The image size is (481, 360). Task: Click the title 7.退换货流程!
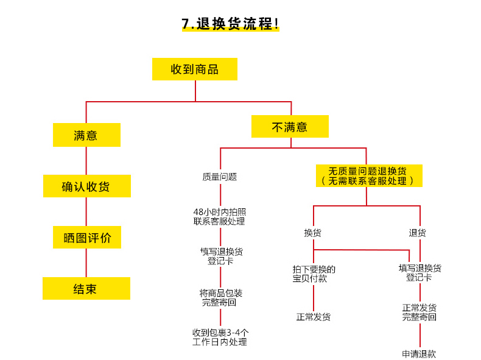(x=230, y=24)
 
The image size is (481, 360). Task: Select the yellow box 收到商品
(x=195, y=69)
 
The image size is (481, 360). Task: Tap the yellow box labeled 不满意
(x=290, y=127)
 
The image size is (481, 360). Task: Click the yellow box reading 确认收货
(x=87, y=186)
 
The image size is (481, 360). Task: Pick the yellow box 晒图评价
(x=87, y=237)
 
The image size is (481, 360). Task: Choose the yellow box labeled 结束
(x=86, y=289)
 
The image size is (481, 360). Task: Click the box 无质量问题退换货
(x=369, y=176)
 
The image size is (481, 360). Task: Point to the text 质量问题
(x=220, y=177)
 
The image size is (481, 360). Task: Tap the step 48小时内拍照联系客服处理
(x=219, y=217)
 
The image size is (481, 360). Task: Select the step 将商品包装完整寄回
(x=220, y=298)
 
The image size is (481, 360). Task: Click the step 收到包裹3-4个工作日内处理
(x=220, y=337)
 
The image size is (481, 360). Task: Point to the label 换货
(x=312, y=233)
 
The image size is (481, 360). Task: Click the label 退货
(x=417, y=233)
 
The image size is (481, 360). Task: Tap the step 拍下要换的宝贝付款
(x=314, y=274)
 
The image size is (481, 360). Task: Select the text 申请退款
(x=419, y=354)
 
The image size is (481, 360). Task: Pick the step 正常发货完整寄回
(x=419, y=312)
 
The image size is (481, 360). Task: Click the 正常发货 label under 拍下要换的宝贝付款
(x=313, y=317)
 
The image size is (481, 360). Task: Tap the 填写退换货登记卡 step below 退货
(x=420, y=273)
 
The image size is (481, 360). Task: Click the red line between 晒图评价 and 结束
(x=86, y=263)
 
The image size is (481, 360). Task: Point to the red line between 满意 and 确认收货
(x=86, y=161)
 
